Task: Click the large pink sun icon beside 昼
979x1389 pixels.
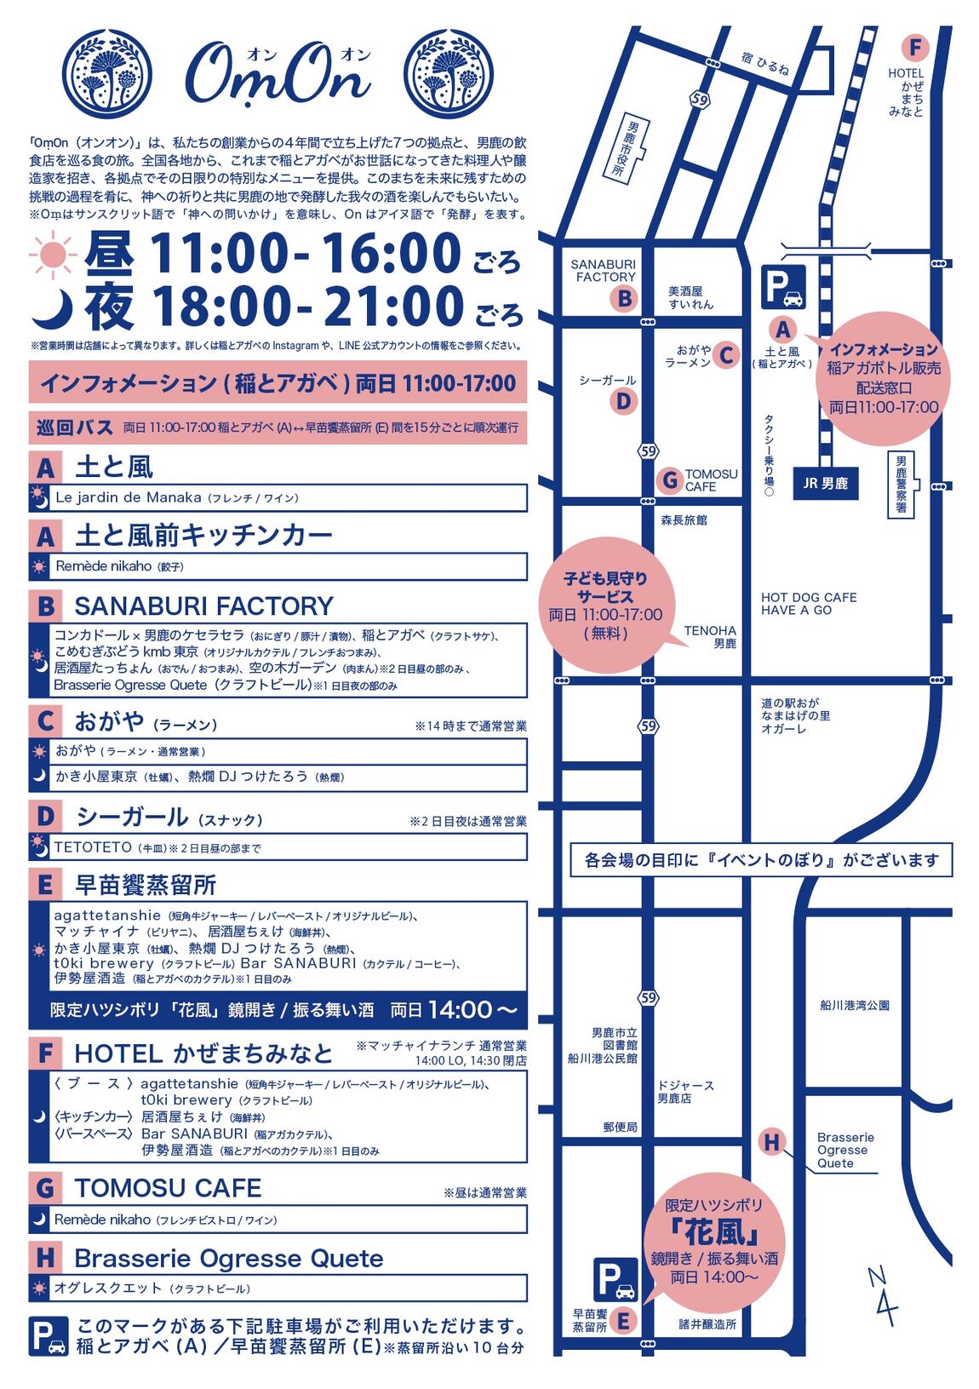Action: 54,254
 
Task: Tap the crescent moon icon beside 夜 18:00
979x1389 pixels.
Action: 52,308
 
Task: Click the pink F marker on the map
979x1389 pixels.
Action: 914,48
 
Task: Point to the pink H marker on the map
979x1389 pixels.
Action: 771,1142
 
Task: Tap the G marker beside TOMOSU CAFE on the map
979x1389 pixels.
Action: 670,480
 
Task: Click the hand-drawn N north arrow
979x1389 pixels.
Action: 882,1295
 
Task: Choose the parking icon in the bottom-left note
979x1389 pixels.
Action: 49,1336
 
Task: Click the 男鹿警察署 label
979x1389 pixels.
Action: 902,484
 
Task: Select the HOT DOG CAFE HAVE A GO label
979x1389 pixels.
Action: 808,604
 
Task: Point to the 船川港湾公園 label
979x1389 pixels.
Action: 855,1005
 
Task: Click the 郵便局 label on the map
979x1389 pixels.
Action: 620,1127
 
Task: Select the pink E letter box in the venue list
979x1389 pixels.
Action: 45,885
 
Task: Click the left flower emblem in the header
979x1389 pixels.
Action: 108,75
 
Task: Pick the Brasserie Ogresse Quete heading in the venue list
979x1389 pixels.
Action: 228,1258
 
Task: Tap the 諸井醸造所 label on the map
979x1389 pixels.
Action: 707,1324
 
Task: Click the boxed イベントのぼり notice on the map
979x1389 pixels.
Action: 761,860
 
